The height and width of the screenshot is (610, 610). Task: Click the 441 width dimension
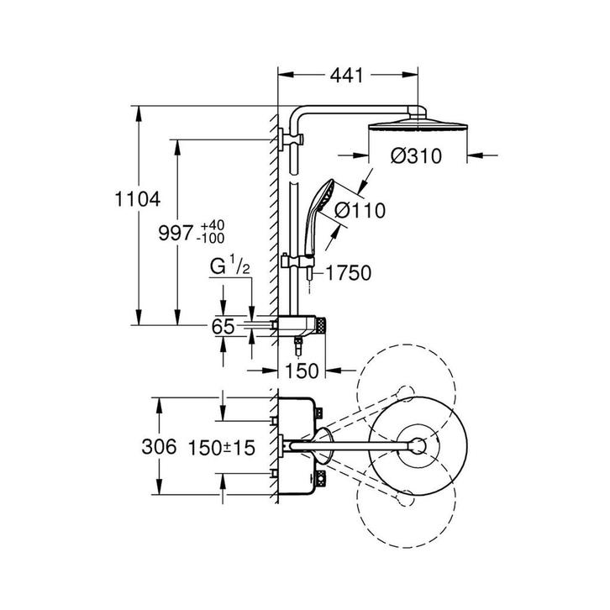pos(346,75)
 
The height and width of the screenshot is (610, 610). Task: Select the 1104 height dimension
pos(138,199)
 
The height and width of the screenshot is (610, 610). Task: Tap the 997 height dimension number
pos(176,233)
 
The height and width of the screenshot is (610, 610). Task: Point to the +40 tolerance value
pos(213,226)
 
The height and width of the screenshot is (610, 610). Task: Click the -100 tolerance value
pos(210,238)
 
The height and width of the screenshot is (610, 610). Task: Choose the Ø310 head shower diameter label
pos(416,156)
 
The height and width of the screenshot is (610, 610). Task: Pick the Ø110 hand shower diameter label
pos(360,210)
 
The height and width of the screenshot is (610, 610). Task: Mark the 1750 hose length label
pos(349,273)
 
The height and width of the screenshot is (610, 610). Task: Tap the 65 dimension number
pos(223,326)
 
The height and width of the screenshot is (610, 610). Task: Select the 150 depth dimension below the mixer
pos(302,371)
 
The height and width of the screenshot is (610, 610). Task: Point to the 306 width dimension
pos(159,446)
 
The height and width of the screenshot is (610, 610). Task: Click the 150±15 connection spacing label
pos(222,447)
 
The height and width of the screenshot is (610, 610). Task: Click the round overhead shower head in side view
pos(418,126)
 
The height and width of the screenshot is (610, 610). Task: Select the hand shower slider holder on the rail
pos(297,261)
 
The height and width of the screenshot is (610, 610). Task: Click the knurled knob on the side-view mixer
pos(321,326)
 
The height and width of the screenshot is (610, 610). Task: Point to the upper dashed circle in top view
pos(406,393)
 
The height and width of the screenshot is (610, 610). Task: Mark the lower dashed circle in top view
pos(406,499)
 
